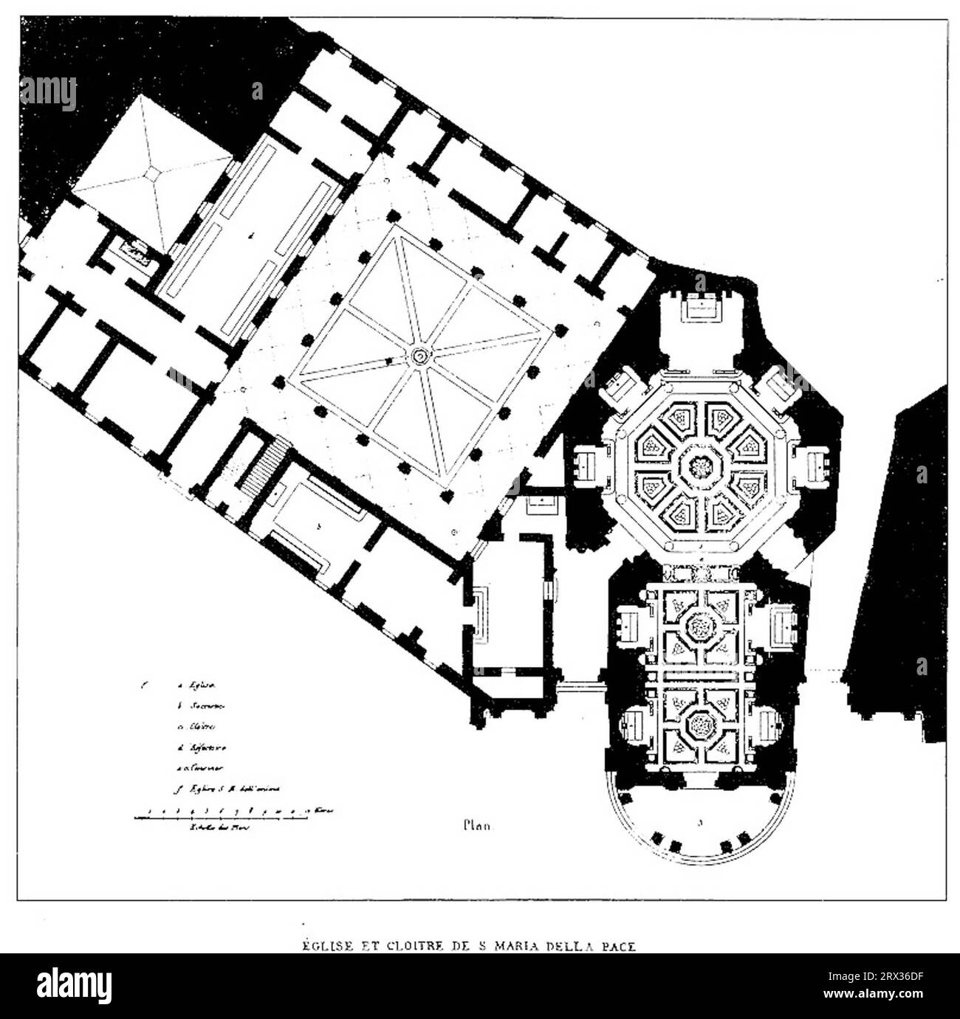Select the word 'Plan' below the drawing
coord(477,826)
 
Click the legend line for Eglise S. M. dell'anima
coord(229,790)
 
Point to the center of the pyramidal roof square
coord(152,171)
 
